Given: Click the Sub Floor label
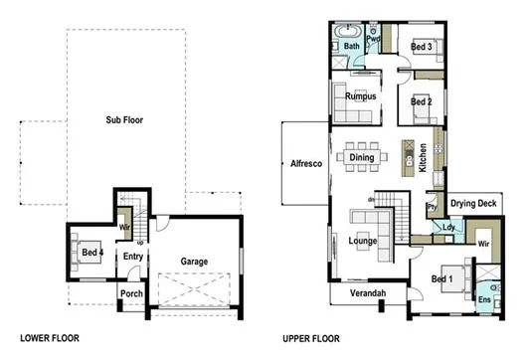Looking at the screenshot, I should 125,120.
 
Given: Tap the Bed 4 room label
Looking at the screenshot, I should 92,251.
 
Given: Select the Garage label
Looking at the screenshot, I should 194,262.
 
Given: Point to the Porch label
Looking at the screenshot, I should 131,293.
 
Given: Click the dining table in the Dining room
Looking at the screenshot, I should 359,155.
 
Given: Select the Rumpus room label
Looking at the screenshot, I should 360,96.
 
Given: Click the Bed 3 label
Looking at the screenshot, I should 422,47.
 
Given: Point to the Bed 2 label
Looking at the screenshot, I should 422,101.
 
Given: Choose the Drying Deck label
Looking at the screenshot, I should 473,204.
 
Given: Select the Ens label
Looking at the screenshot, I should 485,299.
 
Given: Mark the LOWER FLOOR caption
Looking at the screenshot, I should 51,338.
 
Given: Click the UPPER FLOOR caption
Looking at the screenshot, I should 314,338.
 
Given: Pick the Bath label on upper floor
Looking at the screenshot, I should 352,46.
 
